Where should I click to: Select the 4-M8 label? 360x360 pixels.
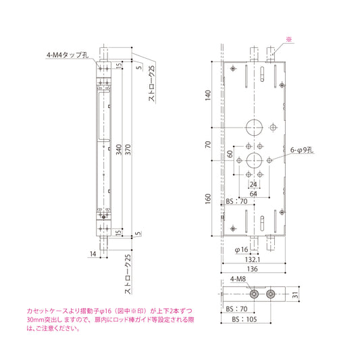tap(237, 280)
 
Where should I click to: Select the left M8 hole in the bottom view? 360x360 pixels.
tap(255, 294)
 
